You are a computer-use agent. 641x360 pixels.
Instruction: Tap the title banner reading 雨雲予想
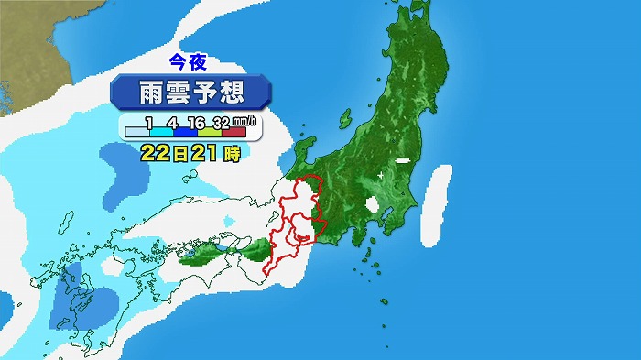tap(190, 93)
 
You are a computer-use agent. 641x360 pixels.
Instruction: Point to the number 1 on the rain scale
tap(147, 122)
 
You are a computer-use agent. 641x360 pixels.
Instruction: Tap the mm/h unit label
tap(244, 121)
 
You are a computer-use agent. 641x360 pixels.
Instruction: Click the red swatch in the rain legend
tap(233, 134)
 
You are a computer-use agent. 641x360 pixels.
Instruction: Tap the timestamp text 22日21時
tap(190, 153)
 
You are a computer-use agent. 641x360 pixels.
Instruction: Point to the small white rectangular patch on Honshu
tap(401, 162)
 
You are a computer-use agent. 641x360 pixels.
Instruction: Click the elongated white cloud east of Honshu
tap(440, 206)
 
